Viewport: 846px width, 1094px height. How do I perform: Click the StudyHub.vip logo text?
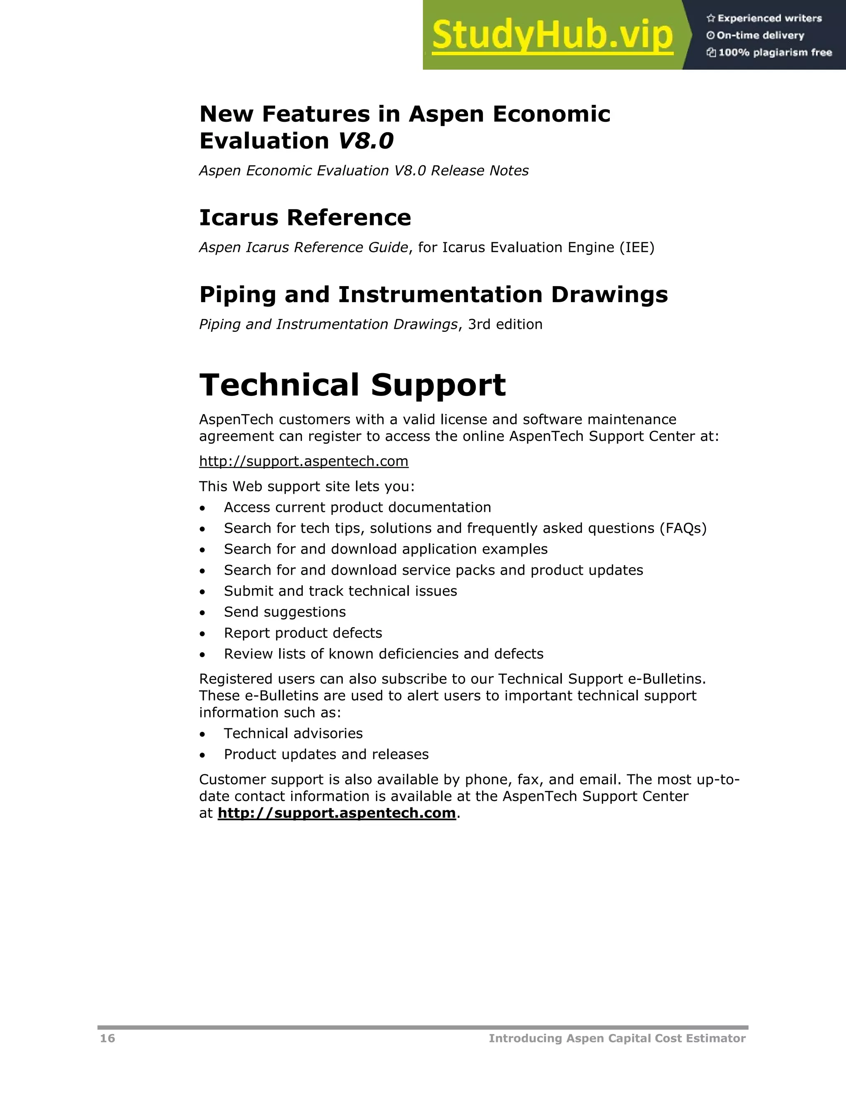click(x=552, y=35)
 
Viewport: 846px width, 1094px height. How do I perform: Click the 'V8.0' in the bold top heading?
click(x=365, y=141)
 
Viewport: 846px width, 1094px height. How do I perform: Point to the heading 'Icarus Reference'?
click(x=305, y=218)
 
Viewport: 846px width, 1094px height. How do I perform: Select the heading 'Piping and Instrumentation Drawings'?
click(x=433, y=294)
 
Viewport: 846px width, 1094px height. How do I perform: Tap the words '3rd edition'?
click(x=505, y=324)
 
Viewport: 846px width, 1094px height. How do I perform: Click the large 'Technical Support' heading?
click(x=352, y=385)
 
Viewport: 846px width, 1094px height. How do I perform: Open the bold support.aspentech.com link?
click(x=336, y=812)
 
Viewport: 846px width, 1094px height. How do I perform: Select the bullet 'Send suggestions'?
click(x=285, y=612)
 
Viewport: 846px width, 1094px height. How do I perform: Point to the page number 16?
click(x=107, y=1038)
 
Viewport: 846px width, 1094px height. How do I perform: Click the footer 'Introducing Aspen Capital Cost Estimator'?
click(x=617, y=1038)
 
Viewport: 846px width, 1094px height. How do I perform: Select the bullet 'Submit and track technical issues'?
click(x=340, y=591)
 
